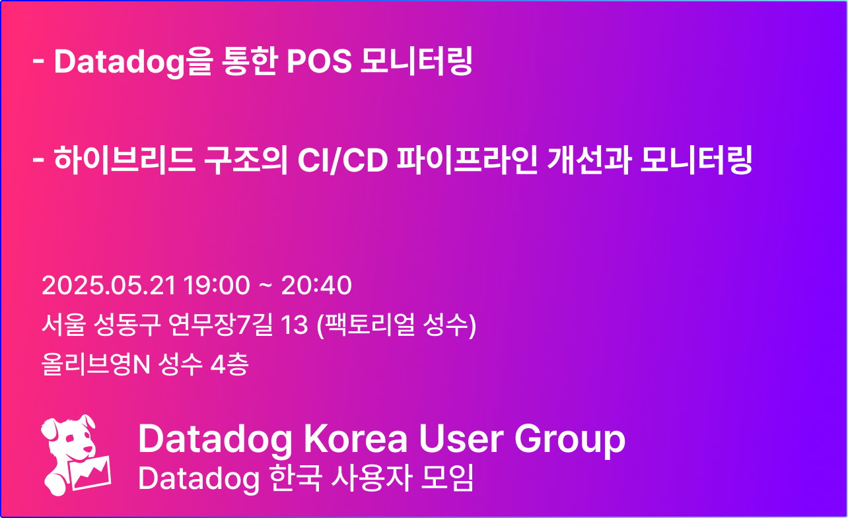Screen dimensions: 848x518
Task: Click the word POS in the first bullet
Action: point(319,61)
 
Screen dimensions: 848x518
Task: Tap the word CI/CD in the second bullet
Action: point(343,160)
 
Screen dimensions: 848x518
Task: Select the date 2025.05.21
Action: point(109,285)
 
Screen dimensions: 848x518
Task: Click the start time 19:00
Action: point(217,285)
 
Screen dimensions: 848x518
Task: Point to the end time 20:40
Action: point(316,285)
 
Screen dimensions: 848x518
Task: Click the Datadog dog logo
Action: point(76,455)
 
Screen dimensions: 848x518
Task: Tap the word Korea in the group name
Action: point(355,439)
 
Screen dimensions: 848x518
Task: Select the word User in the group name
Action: point(461,439)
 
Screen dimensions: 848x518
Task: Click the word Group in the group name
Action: point(570,441)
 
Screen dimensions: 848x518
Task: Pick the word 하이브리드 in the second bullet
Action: point(125,160)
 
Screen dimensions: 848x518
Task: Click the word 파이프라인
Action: point(467,160)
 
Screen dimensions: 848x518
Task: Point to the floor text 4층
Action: point(229,364)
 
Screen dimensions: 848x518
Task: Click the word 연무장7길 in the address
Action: point(221,325)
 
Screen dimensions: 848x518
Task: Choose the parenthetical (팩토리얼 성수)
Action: point(396,325)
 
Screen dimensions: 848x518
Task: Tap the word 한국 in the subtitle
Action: point(296,478)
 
